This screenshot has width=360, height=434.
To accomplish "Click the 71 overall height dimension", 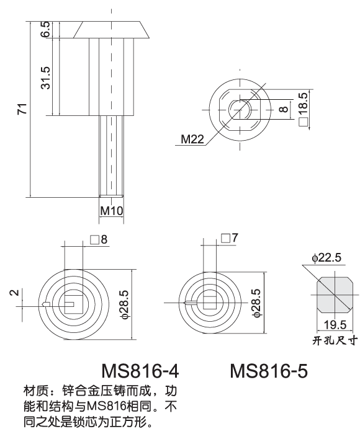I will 21,110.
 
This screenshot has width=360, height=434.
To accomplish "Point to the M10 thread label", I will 112,211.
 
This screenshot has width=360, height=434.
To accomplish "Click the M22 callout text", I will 193,139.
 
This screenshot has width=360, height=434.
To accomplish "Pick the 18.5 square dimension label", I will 304,109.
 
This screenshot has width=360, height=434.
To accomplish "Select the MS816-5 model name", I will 269,371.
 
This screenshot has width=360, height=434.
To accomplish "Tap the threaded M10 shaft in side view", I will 112,158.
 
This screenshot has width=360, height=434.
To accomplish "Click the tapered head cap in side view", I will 112,29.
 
